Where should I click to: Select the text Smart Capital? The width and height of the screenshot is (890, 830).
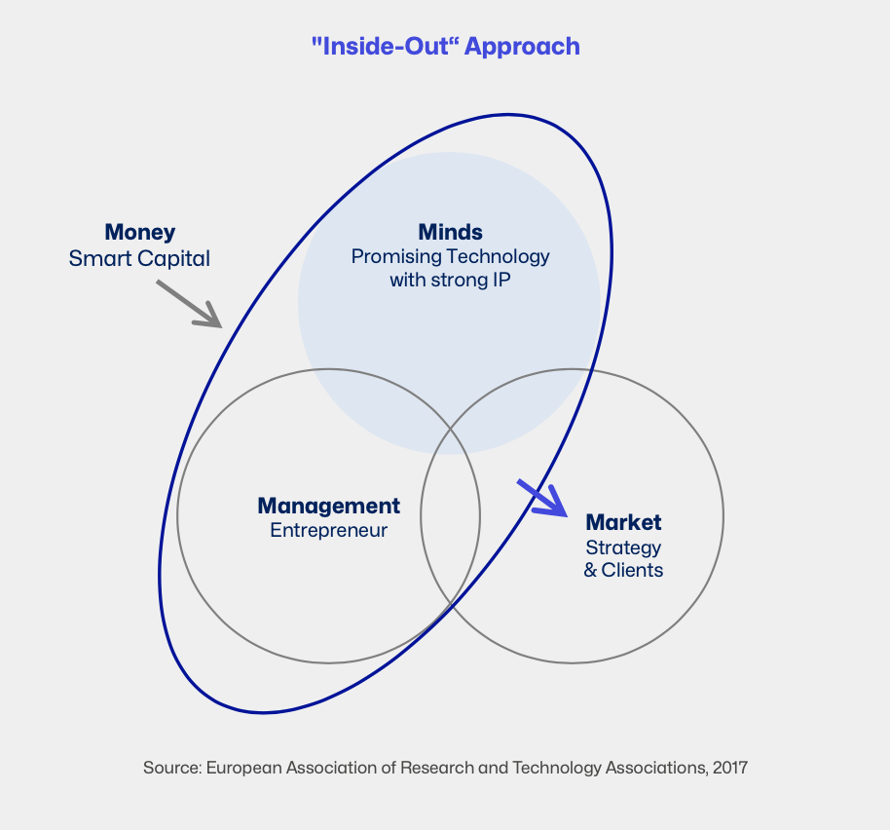pyautogui.click(x=139, y=259)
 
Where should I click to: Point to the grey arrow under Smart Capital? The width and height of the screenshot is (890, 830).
pyautogui.click(x=189, y=304)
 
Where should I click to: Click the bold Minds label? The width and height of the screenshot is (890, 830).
pyautogui.click(x=450, y=232)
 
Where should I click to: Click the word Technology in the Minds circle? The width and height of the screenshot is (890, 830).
pyautogui.click(x=495, y=256)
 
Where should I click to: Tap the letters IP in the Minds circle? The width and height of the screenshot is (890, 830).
pyautogui.click(x=501, y=280)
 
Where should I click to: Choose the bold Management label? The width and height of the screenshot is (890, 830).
pyautogui.click(x=329, y=507)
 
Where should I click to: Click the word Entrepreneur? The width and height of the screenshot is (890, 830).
pyautogui.click(x=329, y=530)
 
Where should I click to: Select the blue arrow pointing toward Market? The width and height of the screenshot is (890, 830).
pyautogui.click(x=542, y=499)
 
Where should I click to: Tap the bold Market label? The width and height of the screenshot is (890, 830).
pyautogui.click(x=623, y=522)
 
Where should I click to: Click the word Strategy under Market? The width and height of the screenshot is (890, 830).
pyautogui.click(x=623, y=548)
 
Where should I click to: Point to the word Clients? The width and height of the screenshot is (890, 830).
pyautogui.click(x=632, y=570)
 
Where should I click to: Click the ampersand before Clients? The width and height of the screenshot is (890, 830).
pyautogui.click(x=590, y=570)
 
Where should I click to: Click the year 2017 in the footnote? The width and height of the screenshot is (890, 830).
pyautogui.click(x=730, y=768)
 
